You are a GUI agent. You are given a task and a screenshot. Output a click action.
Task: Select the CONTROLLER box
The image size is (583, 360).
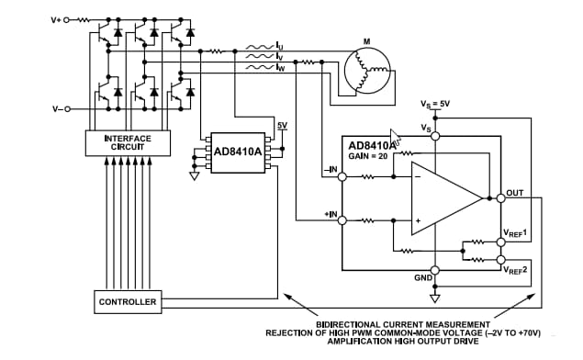tap(128, 301)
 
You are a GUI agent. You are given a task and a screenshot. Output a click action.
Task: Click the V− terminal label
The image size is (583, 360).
tap(57, 109)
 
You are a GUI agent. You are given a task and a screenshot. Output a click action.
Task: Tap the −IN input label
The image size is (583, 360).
tap(330, 170)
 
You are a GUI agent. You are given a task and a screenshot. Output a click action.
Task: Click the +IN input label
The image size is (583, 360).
tap(330, 213)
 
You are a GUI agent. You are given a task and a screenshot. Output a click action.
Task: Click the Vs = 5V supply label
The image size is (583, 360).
tap(435, 105)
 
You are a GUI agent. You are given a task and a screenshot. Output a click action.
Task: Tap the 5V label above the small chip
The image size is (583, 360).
tap(282, 126)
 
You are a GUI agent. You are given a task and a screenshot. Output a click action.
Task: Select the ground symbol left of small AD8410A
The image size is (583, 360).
tap(194, 175)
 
